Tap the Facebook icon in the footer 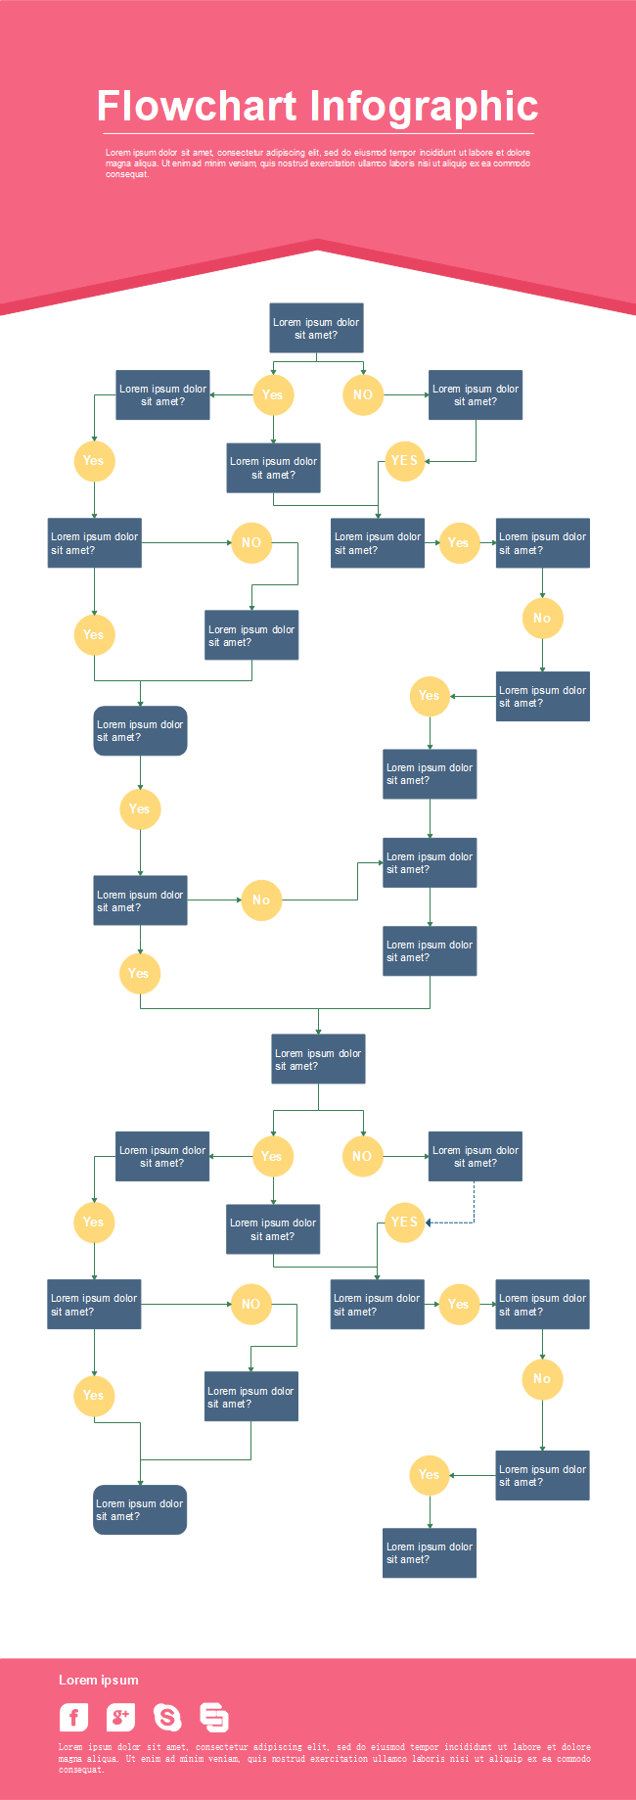click(x=74, y=1717)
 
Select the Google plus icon click(x=120, y=1717)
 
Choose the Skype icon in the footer click(x=167, y=1717)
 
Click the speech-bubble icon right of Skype click(x=214, y=1717)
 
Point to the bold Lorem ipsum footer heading click(x=98, y=1680)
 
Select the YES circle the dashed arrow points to click(x=404, y=1223)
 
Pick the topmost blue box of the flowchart click(x=316, y=328)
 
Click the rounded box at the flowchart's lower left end click(x=140, y=1509)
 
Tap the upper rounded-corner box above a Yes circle click(x=140, y=731)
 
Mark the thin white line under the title click(x=318, y=133)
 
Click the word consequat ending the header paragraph click(x=127, y=174)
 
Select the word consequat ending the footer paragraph click(x=80, y=1770)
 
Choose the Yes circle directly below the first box click(x=273, y=395)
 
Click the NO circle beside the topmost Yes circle click(x=363, y=395)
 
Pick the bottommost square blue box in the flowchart click(x=430, y=1553)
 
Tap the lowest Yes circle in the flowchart click(x=429, y=1475)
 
